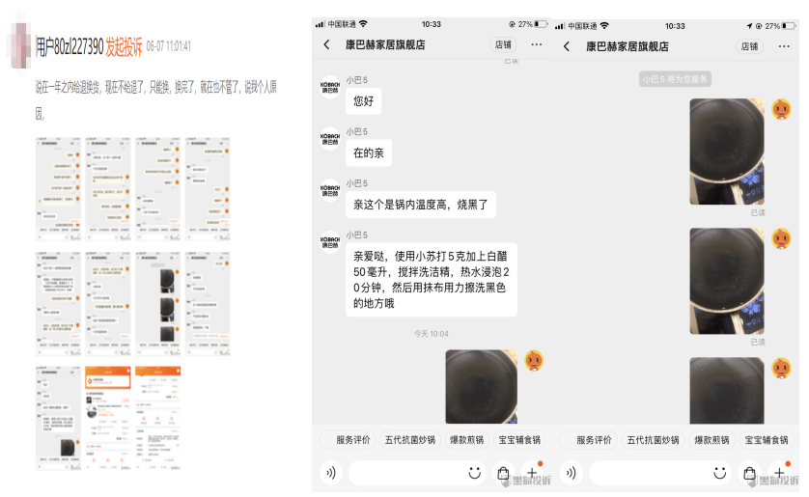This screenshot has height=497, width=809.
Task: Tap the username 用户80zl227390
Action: [x=70, y=45]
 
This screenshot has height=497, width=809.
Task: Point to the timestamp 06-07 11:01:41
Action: [x=169, y=45]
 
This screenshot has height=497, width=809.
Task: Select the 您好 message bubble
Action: [x=363, y=100]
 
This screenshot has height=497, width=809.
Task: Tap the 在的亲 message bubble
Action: [x=368, y=152]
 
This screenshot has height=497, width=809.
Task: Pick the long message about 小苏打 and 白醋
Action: [x=430, y=280]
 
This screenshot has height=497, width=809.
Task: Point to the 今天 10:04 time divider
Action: [x=431, y=334]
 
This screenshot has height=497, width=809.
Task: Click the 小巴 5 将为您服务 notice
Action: [x=676, y=79]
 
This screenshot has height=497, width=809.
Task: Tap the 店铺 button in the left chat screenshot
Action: [x=504, y=44]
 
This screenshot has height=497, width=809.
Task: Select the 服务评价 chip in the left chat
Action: [x=352, y=440]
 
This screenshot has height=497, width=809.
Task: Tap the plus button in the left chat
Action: [x=530, y=473]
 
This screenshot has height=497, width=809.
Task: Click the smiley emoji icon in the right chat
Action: [x=720, y=473]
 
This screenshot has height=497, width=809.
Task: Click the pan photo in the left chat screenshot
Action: [x=481, y=386]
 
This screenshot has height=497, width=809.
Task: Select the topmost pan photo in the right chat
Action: [x=726, y=150]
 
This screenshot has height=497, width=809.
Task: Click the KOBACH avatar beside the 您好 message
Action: [x=330, y=88]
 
